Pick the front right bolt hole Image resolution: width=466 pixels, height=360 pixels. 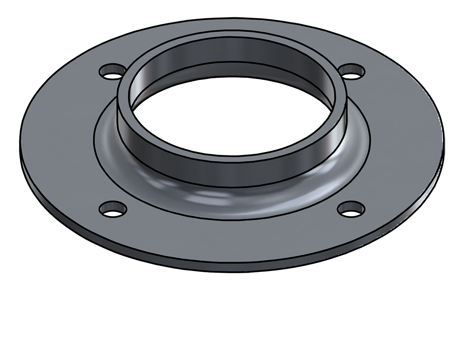351,208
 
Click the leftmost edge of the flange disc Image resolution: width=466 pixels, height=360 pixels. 20,144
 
